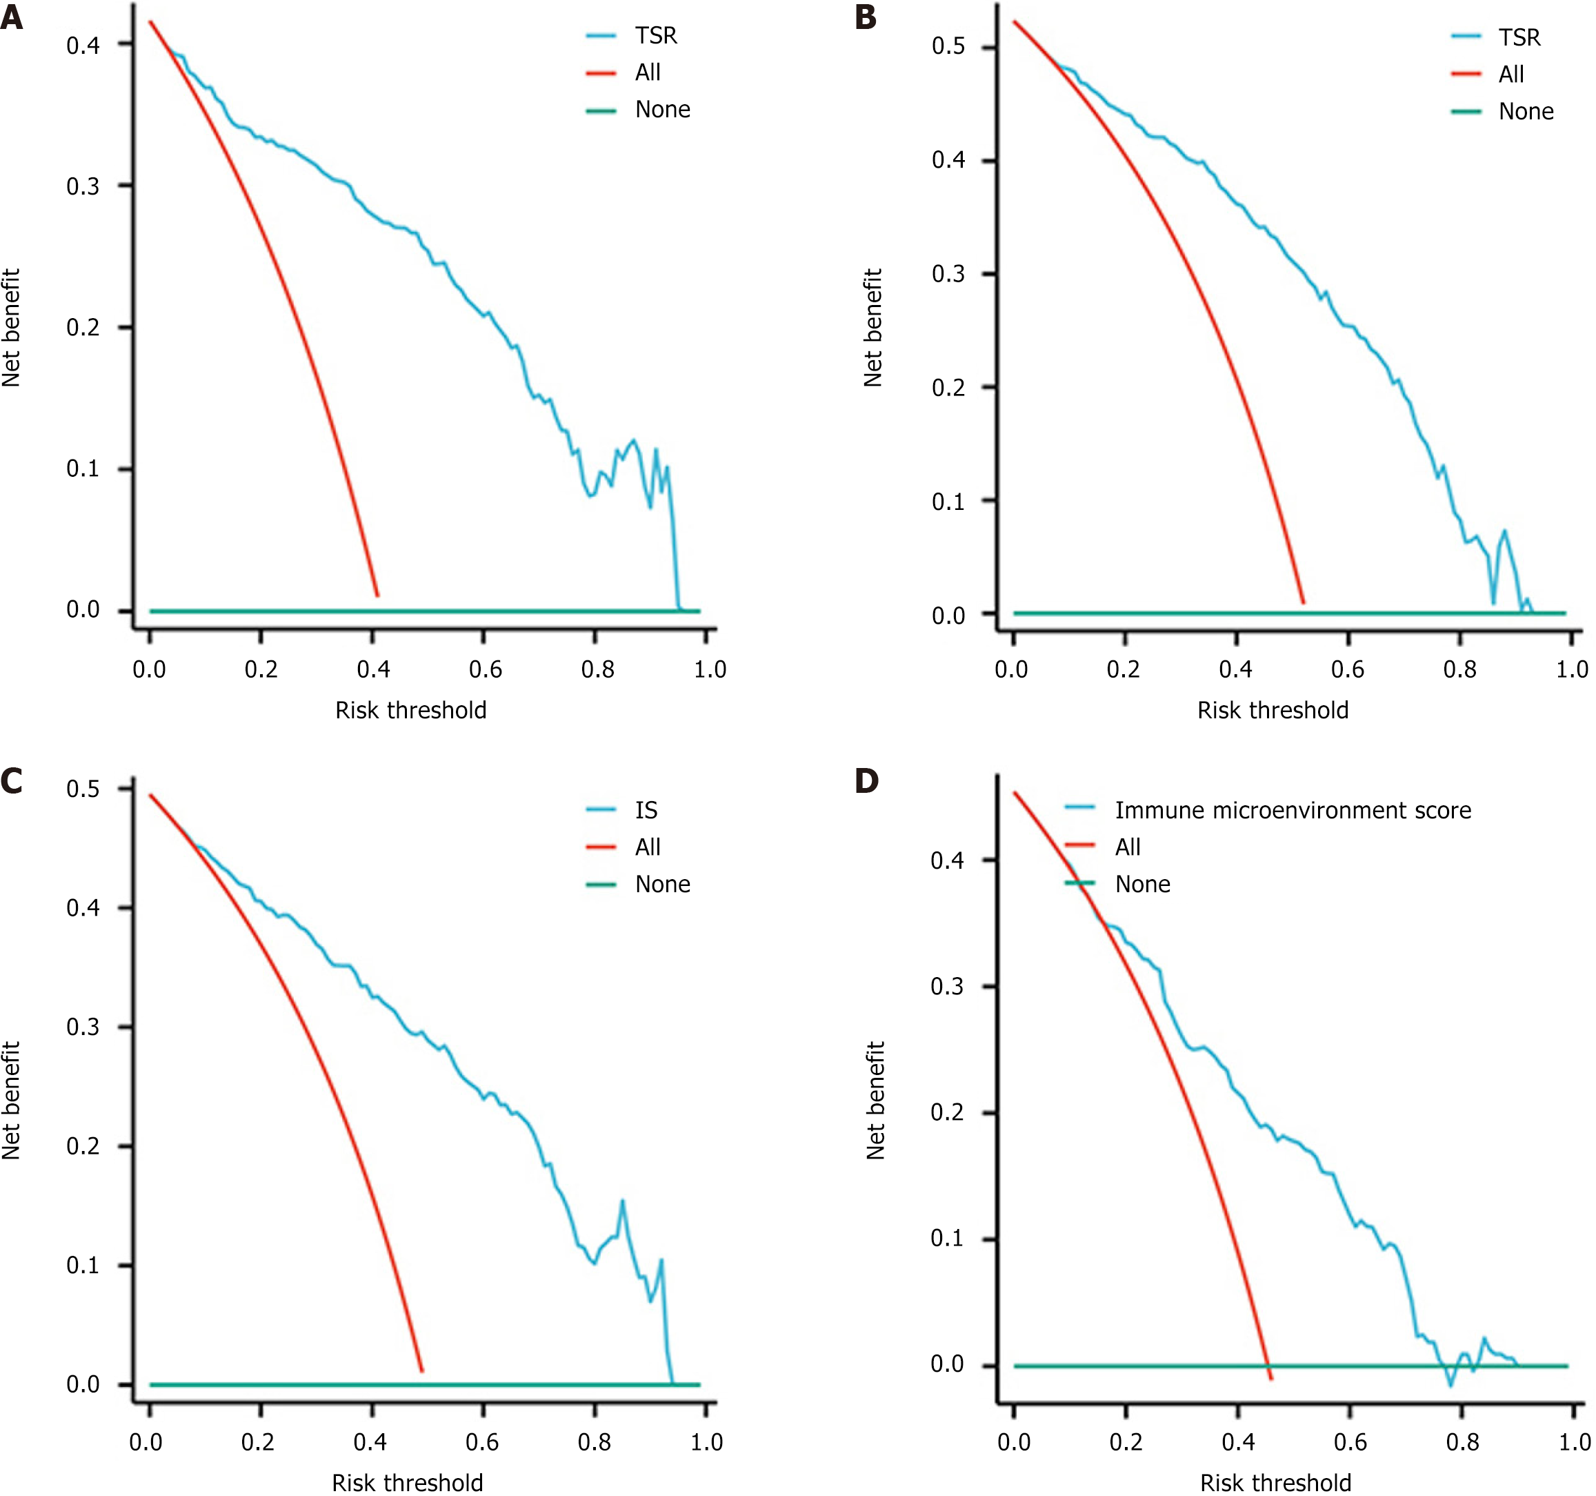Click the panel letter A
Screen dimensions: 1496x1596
(x=11, y=18)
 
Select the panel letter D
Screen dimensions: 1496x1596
(x=866, y=780)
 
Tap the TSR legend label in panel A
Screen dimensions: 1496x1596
(x=656, y=36)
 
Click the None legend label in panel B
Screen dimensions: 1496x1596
(x=1526, y=112)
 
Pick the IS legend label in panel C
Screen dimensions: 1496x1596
(x=646, y=810)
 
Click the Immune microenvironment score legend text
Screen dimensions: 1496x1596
(x=1293, y=810)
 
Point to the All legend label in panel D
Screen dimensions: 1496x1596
(x=1127, y=847)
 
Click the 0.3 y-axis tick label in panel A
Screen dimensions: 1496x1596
(x=83, y=186)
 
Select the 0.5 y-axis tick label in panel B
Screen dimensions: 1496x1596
(x=948, y=46)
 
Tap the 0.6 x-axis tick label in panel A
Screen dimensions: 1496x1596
(x=485, y=669)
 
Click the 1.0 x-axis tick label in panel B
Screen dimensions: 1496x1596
(x=1571, y=669)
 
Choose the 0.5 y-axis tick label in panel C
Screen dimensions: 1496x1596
(x=83, y=789)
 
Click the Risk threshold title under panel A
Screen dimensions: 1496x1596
(x=410, y=710)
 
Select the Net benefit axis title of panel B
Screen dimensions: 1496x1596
(x=872, y=328)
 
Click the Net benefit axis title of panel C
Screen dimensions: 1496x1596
(x=10, y=1101)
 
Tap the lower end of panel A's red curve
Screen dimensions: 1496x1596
(x=377, y=595)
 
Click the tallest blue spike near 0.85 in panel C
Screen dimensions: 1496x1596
(x=622, y=1201)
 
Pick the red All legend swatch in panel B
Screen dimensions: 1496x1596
(x=1465, y=75)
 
